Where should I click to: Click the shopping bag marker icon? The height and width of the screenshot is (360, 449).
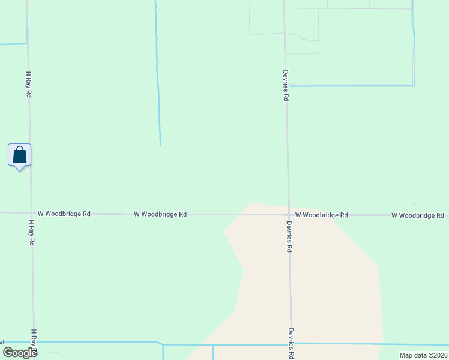(x=19, y=155)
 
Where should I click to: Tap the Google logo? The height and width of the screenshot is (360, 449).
(x=20, y=352)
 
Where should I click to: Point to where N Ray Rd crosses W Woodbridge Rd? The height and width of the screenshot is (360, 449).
(x=31, y=212)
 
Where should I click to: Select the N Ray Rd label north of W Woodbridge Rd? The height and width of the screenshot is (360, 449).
(x=28, y=85)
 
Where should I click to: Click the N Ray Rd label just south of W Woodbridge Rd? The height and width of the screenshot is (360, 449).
(x=31, y=232)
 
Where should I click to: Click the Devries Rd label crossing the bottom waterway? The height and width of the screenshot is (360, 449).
(x=291, y=343)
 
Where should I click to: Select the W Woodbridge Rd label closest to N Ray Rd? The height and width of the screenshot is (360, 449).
(x=64, y=213)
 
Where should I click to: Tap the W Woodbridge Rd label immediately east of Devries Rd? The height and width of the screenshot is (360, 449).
(x=321, y=214)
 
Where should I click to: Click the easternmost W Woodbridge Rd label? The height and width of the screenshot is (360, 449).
(x=418, y=215)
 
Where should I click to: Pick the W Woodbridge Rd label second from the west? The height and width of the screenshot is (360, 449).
(x=160, y=214)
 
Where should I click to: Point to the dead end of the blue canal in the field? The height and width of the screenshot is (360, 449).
(x=160, y=145)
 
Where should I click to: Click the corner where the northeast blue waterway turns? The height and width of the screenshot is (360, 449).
(x=414, y=85)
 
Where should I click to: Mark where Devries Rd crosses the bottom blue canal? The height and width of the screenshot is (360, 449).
(x=292, y=344)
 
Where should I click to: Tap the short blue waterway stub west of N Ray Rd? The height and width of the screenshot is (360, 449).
(x=13, y=44)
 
